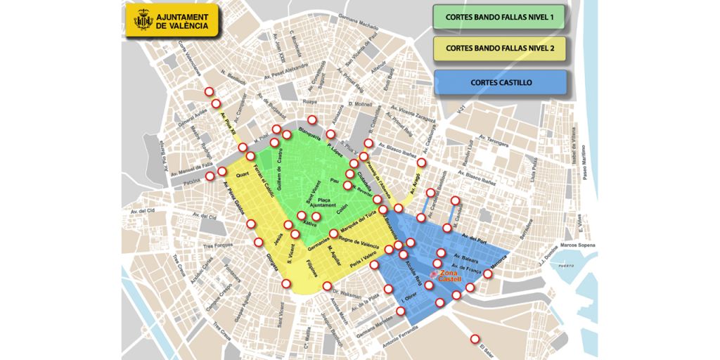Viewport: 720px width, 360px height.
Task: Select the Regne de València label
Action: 360,243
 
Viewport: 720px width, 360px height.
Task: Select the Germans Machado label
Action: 359,22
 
